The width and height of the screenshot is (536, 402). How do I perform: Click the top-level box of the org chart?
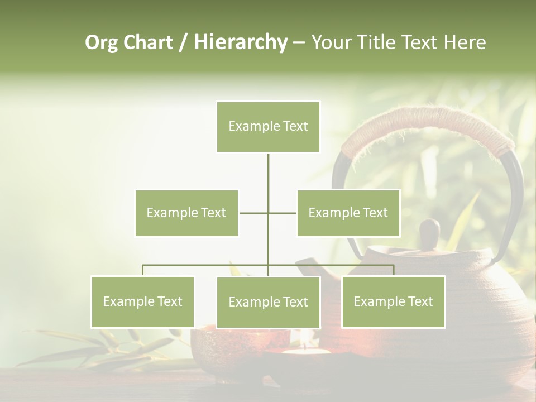[268, 127]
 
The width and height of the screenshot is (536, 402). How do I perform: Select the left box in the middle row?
[186, 213]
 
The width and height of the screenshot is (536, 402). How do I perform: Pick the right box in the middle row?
[348, 213]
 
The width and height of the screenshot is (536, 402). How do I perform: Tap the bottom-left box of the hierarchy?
[143, 301]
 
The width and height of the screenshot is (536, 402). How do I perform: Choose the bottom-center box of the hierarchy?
[268, 302]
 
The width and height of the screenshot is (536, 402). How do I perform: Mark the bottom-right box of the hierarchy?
[393, 301]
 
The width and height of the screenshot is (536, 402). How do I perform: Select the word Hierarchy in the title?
[241, 42]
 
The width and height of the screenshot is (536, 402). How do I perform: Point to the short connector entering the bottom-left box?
[143, 270]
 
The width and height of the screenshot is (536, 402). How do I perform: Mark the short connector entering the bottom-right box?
[394, 270]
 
